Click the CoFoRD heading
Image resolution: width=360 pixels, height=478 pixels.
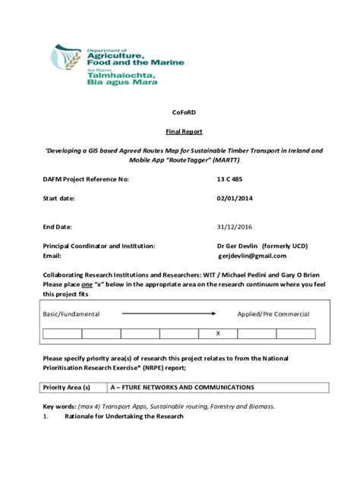(180, 112)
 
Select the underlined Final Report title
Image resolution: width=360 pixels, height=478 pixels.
(180, 131)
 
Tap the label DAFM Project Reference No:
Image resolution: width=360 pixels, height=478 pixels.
(86, 179)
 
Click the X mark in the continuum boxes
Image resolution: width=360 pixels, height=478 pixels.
(218, 333)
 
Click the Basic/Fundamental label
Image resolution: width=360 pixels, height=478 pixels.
(71, 313)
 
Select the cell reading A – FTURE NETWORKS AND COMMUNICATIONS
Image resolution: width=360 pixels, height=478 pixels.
(182, 387)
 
